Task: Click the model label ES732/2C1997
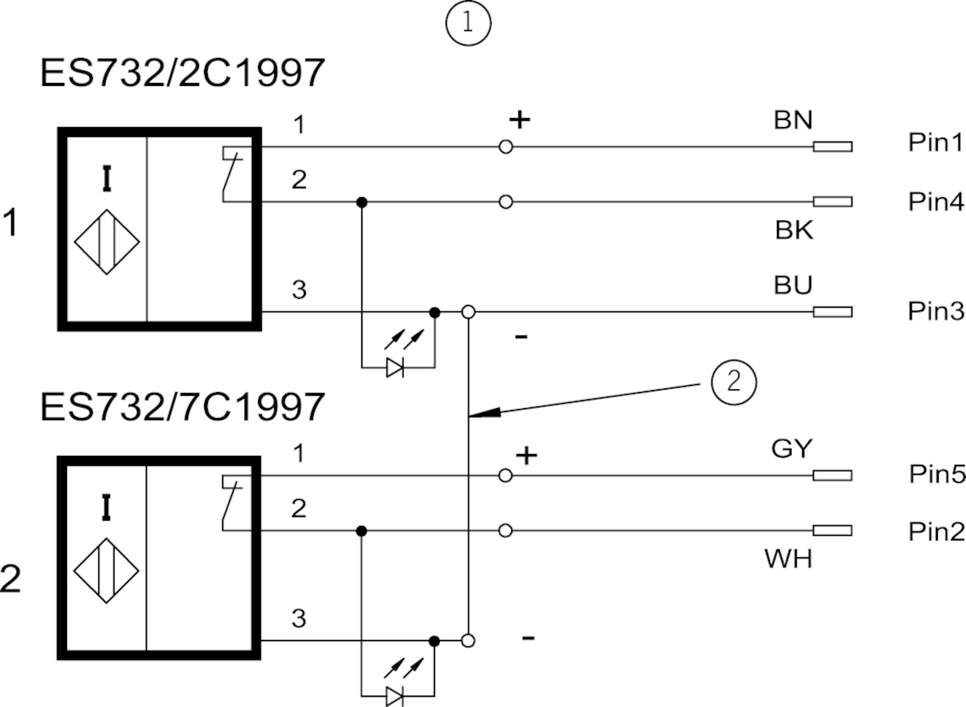(x=183, y=73)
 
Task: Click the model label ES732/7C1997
(x=183, y=407)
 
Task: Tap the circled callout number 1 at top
(x=468, y=23)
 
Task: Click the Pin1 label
(x=936, y=142)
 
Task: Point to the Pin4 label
(x=936, y=202)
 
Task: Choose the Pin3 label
(x=936, y=311)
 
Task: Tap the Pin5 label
(x=937, y=474)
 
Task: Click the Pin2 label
(x=936, y=532)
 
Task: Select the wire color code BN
(x=793, y=120)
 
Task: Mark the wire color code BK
(x=794, y=231)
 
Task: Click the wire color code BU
(x=793, y=285)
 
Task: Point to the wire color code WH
(x=788, y=559)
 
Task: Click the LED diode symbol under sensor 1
(x=395, y=367)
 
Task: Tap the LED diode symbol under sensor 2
(x=394, y=696)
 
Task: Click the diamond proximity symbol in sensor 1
(x=107, y=242)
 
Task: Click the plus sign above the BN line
(x=519, y=120)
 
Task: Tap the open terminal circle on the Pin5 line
(x=505, y=475)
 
